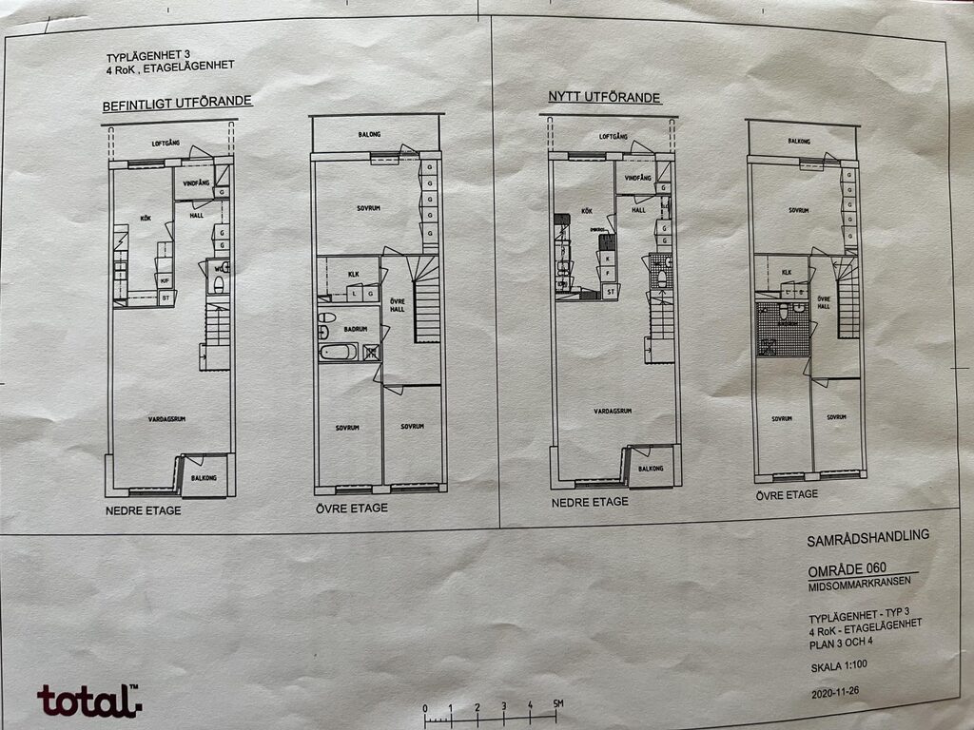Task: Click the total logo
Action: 88,701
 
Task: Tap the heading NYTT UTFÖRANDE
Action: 604,97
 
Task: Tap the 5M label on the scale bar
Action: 559,703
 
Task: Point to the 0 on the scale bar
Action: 425,708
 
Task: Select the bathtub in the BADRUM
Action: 338,352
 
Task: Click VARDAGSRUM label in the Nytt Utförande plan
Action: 613,412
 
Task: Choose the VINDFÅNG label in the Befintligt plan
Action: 195,182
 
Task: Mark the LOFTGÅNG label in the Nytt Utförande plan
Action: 613,136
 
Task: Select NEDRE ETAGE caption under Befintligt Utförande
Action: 143,510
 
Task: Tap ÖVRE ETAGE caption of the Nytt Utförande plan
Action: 787,495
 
